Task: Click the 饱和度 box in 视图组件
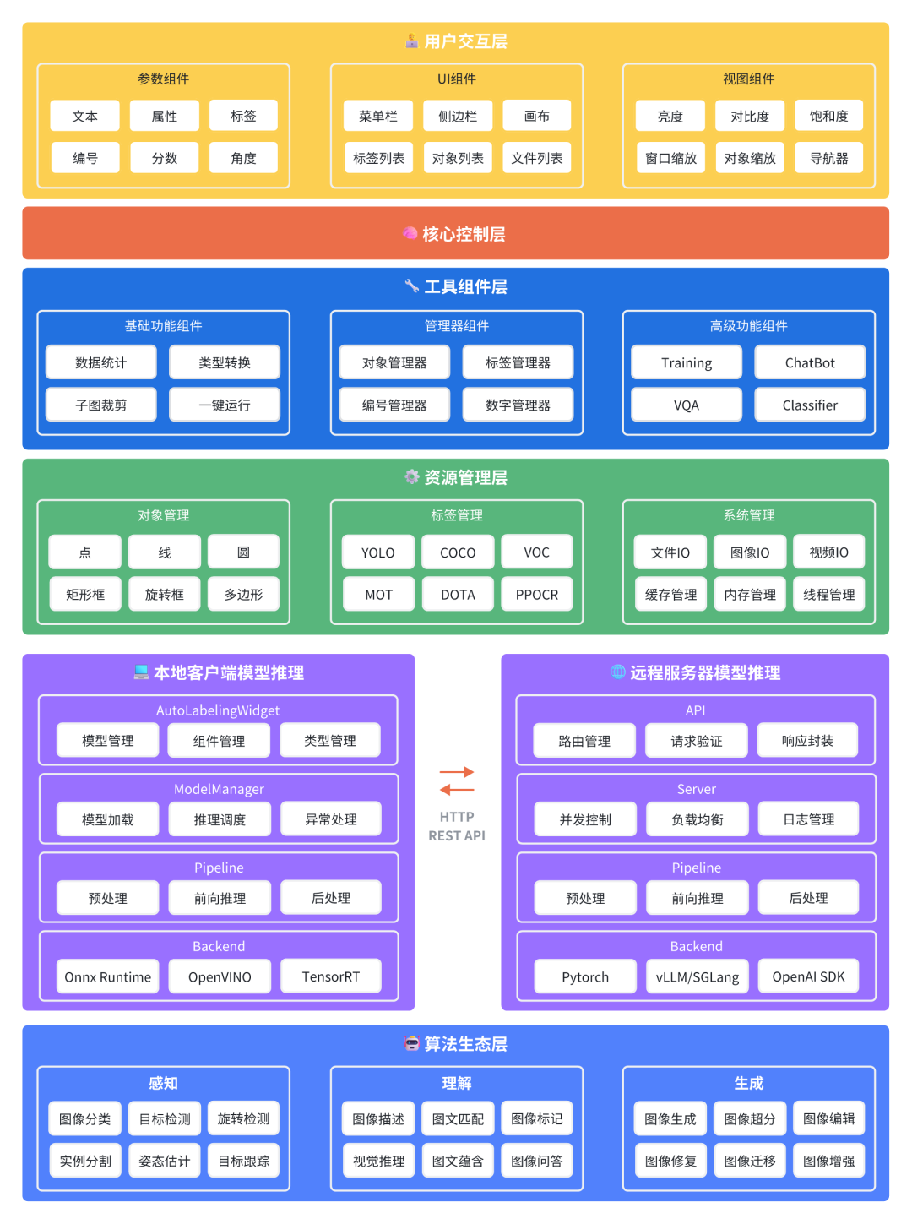828,116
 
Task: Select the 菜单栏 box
377,116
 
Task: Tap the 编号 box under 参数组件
84,158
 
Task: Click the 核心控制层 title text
464,234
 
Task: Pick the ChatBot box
810,362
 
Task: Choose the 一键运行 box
225,405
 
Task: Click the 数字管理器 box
518,405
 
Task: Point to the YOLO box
377,552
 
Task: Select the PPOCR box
536,595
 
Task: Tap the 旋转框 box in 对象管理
164,595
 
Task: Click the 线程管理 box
828,595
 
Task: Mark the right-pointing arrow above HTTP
457,772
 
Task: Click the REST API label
457,835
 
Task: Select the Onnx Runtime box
107,976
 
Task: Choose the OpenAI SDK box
808,976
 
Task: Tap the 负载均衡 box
697,819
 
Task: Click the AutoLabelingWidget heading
218,710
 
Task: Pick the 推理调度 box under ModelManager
220,819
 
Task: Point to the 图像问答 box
536,1161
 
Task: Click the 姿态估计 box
164,1161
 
